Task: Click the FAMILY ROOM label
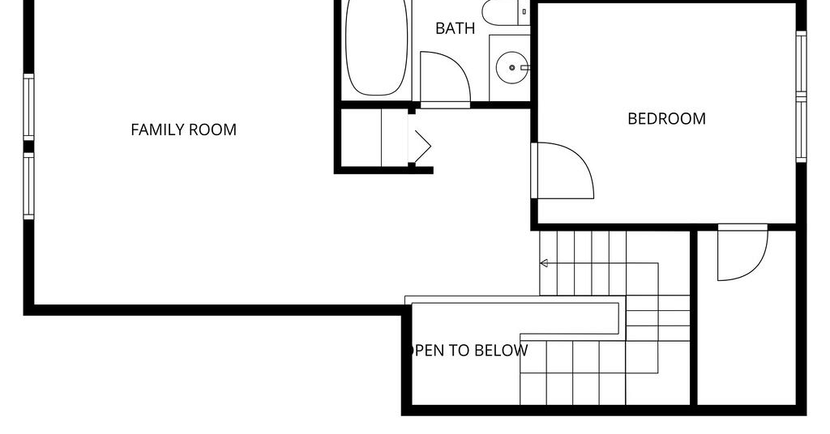(183, 130)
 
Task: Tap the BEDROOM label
(666, 118)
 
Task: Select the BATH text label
(455, 28)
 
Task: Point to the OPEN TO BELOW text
(467, 351)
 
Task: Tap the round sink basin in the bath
(512, 68)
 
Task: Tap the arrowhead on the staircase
(544, 263)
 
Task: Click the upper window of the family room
(28, 108)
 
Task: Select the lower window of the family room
(28, 185)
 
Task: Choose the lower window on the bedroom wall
(802, 130)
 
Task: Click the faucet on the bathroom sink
(525, 68)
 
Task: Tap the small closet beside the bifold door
(362, 138)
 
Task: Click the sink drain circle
(512, 68)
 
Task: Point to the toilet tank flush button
(524, 11)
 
